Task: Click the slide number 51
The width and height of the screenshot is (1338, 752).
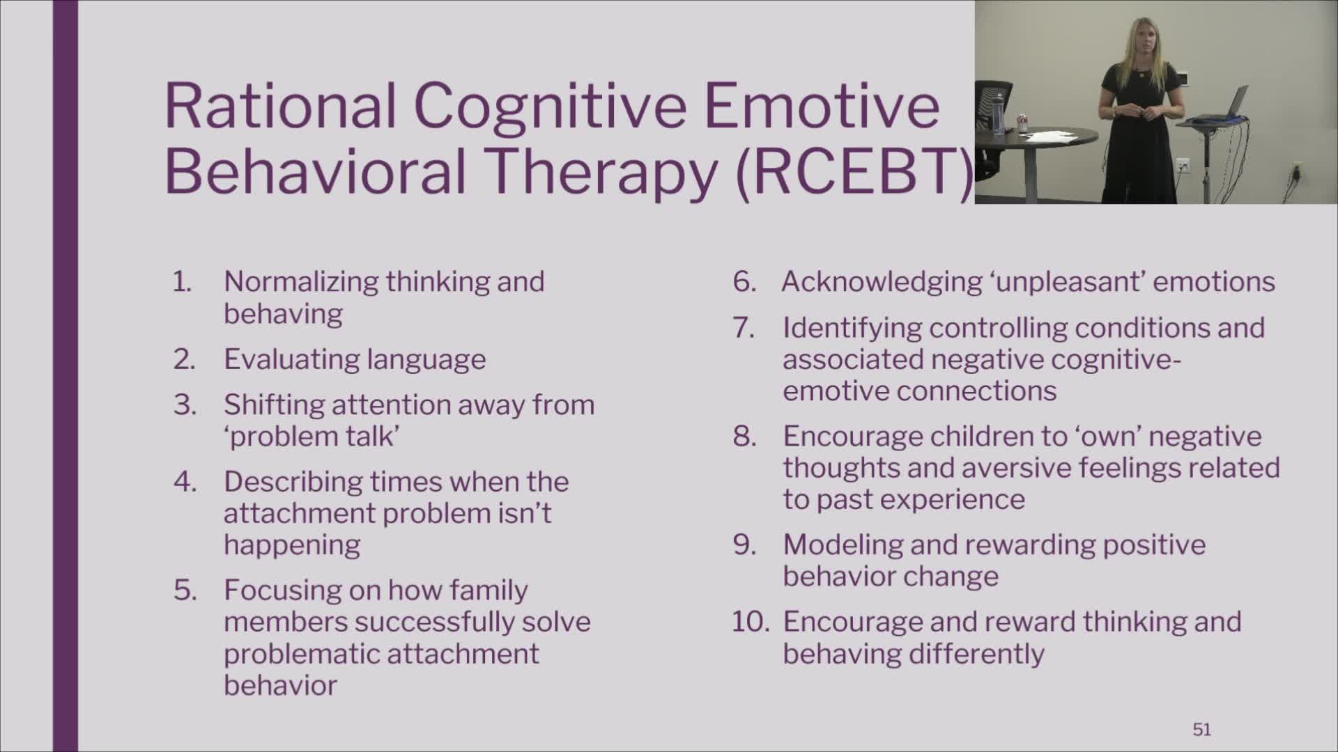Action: click(x=1201, y=729)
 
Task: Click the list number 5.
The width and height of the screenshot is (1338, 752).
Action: click(x=185, y=590)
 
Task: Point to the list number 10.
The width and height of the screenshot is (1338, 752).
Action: click(x=751, y=622)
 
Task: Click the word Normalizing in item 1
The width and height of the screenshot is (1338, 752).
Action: click(x=302, y=283)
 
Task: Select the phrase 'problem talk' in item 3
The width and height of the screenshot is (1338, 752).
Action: click(x=312, y=437)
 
